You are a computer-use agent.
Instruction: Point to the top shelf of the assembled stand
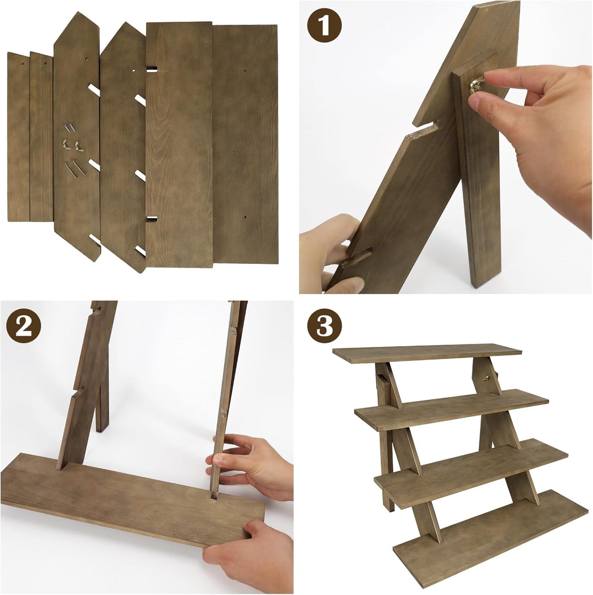coord(427,354)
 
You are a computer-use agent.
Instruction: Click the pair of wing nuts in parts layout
coord(71,144)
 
